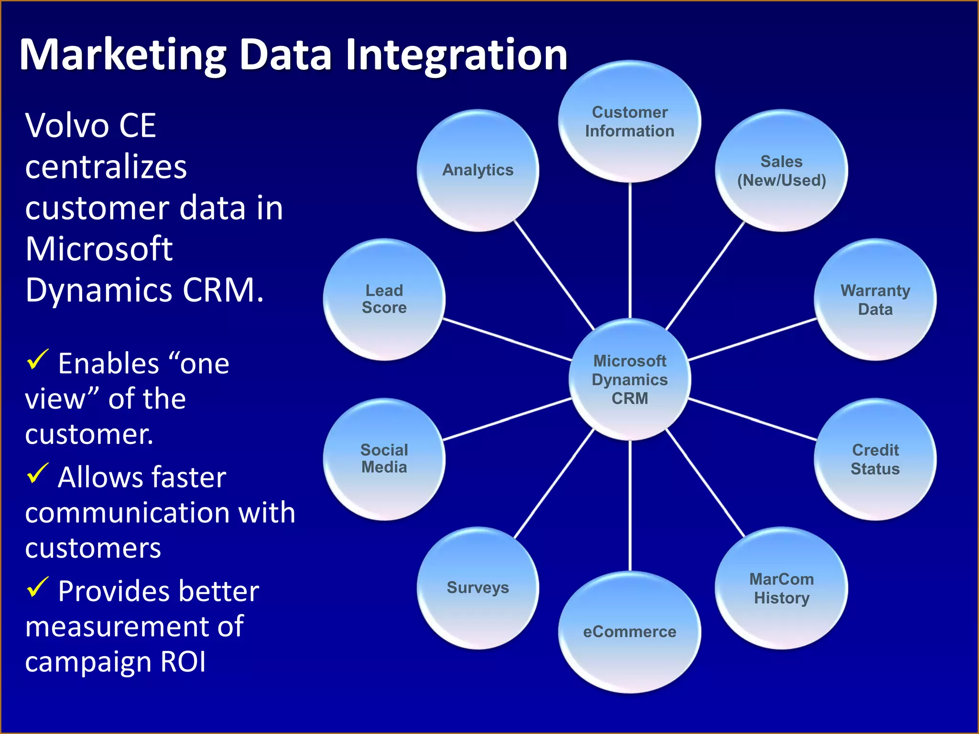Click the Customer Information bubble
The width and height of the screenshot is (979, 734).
(x=630, y=121)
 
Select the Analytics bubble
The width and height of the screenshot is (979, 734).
(x=478, y=171)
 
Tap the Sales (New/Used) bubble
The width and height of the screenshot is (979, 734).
(x=781, y=171)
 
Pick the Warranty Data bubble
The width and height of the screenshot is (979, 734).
(x=875, y=300)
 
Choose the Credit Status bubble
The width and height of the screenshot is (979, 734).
(x=875, y=459)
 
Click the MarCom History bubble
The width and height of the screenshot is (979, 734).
(x=781, y=588)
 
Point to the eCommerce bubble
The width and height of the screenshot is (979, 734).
(x=630, y=632)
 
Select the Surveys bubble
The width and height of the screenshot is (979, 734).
(x=478, y=588)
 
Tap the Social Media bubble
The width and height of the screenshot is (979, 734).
(x=384, y=459)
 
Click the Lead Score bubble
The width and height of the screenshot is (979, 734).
(x=384, y=300)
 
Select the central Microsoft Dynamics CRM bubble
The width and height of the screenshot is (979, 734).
(x=630, y=379)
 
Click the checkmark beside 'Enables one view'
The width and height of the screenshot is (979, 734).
(x=37, y=359)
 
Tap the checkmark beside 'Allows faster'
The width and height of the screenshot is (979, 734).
(x=37, y=473)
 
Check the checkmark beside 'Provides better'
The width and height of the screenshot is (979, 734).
(x=37, y=587)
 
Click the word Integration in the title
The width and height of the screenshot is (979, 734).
(x=456, y=55)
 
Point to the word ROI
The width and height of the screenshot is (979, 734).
(x=183, y=662)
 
